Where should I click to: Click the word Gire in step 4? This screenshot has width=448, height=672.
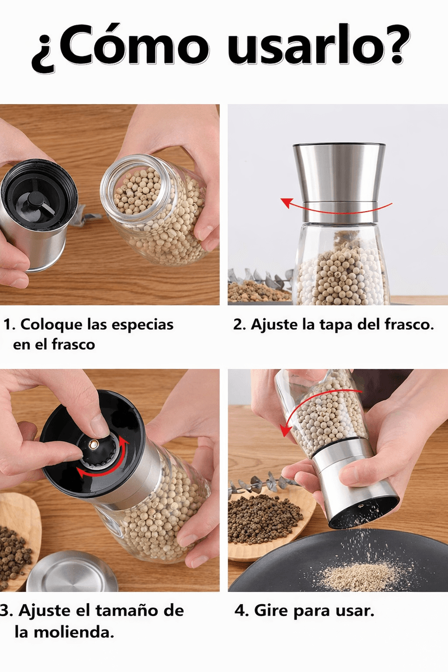[271, 610]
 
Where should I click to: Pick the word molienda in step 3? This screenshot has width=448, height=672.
[74, 632]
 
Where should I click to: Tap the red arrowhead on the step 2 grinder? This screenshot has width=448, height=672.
[287, 203]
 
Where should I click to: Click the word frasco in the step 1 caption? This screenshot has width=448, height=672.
[73, 344]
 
